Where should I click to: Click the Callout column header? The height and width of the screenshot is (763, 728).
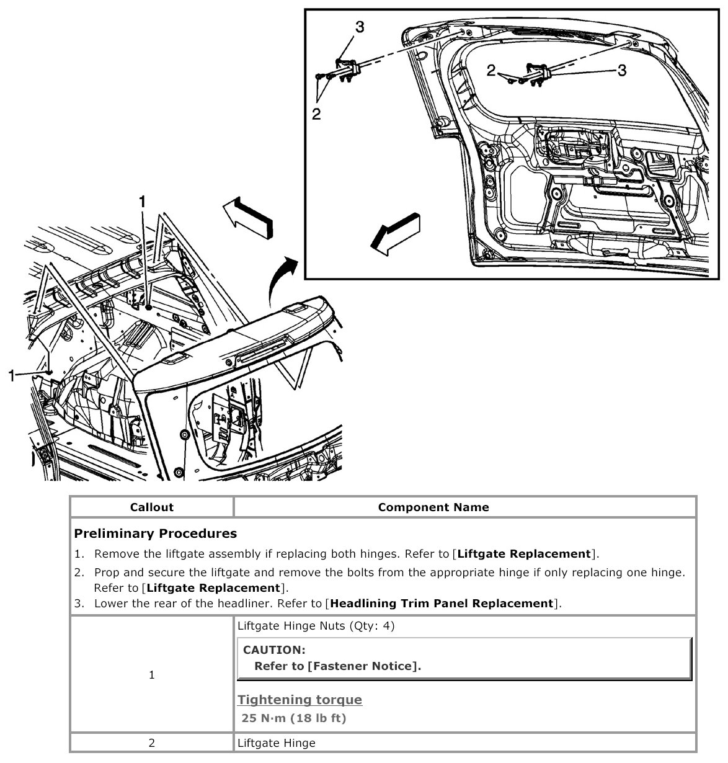pos(152,507)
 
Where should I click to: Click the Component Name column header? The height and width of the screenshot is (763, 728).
pos(433,507)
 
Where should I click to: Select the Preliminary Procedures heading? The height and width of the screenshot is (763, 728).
pos(155,533)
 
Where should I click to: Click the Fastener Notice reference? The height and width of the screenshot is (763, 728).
pos(363,666)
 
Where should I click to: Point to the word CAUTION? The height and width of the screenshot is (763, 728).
pos(274,650)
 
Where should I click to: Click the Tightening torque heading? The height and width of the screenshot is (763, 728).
pos(300,700)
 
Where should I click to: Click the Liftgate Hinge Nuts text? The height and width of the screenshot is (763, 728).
pos(316,626)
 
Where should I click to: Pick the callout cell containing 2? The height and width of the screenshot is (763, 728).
pos(152,743)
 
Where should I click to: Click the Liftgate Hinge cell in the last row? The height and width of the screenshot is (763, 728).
pos(277,743)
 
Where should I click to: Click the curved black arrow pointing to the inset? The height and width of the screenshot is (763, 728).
pos(283,279)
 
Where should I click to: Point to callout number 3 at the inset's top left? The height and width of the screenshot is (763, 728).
pos(360,27)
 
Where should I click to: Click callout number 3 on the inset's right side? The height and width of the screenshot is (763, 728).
pos(621,70)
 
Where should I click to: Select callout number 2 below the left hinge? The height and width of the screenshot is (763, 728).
pos(317,114)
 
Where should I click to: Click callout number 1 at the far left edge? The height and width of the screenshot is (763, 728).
pos(12,375)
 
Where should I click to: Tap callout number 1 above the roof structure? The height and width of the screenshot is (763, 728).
pos(143,201)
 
